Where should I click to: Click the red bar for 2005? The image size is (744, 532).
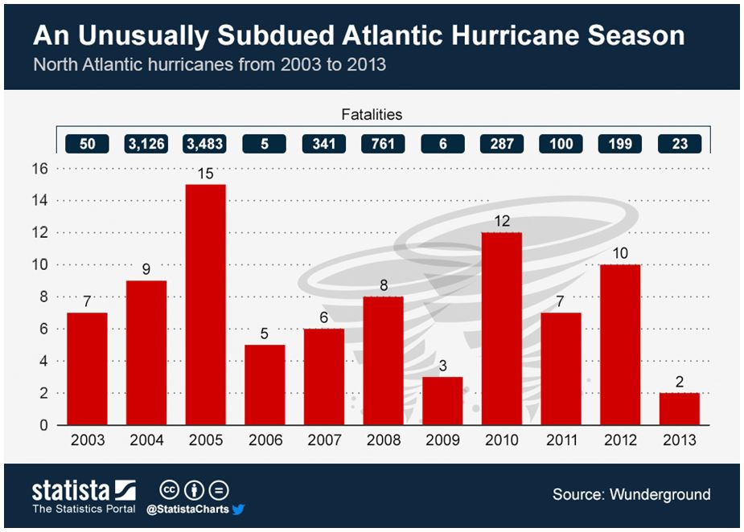pyautogui.click(x=205, y=305)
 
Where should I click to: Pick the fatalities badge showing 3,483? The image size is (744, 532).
pyautogui.click(x=205, y=144)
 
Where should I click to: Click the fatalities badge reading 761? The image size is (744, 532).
pyautogui.click(x=383, y=144)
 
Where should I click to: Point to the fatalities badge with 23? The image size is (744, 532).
pyautogui.click(x=680, y=144)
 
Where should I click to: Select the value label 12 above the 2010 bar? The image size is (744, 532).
pyautogui.click(x=501, y=221)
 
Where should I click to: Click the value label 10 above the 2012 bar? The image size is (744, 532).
pyautogui.click(x=620, y=253)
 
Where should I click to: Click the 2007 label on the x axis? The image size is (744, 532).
pyautogui.click(x=324, y=440)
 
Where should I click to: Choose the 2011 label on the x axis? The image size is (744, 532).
pyautogui.click(x=561, y=440)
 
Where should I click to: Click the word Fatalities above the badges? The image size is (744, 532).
pyautogui.click(x=371, y=114)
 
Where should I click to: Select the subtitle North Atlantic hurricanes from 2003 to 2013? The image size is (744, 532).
pyautogui.click(x=209, y=64)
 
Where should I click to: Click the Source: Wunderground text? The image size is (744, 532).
pyautogui.click(x=631, y=494)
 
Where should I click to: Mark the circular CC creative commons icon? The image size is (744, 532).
pyautogui.click(x=169, y=490)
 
